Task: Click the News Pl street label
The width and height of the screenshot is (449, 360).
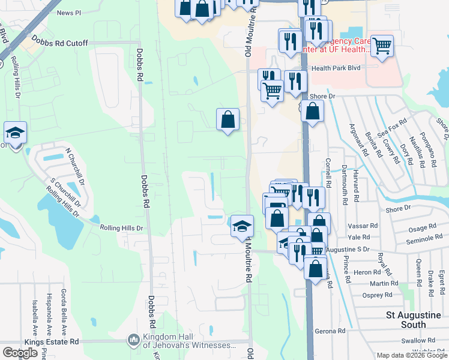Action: pos(69,13)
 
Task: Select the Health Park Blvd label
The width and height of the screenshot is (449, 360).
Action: pos(336,68)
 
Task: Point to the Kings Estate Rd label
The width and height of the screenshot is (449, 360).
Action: pos(52,341)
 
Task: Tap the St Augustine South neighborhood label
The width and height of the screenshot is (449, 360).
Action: pos(414,319)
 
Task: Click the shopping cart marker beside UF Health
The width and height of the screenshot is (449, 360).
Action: pos(382,46)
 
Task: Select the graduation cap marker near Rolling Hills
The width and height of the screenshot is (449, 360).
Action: pos(15,133)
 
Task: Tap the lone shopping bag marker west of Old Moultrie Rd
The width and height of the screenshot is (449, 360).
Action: pos(228,119)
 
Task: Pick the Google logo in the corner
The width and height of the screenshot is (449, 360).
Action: pos(20,353)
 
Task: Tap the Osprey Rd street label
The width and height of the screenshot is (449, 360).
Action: pos(377,295)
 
